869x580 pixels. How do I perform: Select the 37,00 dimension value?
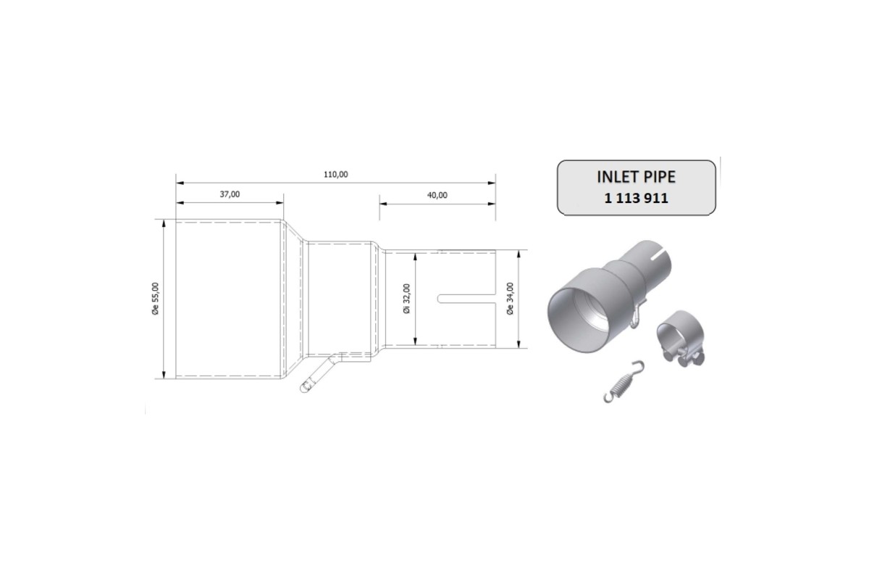229,194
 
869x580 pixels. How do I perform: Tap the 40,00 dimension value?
437,194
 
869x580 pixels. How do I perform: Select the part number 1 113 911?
636,197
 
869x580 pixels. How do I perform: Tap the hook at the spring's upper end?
636,365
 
